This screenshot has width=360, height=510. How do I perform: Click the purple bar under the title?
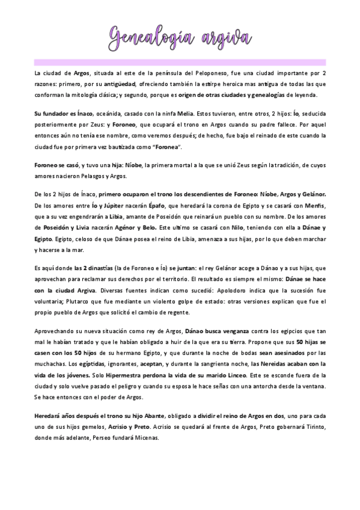point(180,61)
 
